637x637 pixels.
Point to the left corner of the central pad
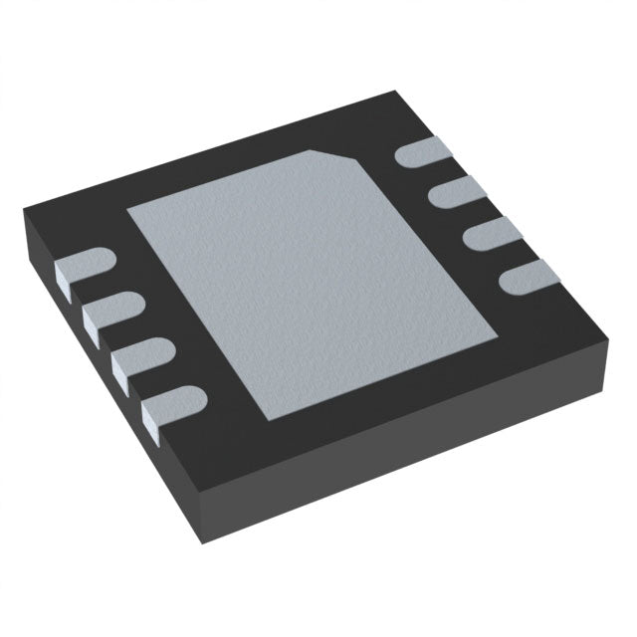pos(126,210)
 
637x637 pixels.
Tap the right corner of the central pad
pos(498,333)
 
